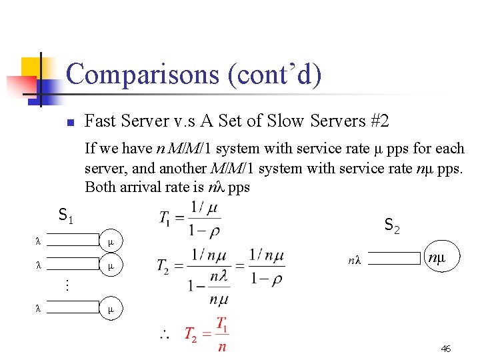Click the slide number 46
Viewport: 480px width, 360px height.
coord(446,349)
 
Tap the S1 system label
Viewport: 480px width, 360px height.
coord(66,216)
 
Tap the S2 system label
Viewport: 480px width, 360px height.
coord(392,227)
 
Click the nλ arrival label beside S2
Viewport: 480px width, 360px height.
coord(353,261)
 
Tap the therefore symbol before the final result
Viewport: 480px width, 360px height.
coord(163,335)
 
